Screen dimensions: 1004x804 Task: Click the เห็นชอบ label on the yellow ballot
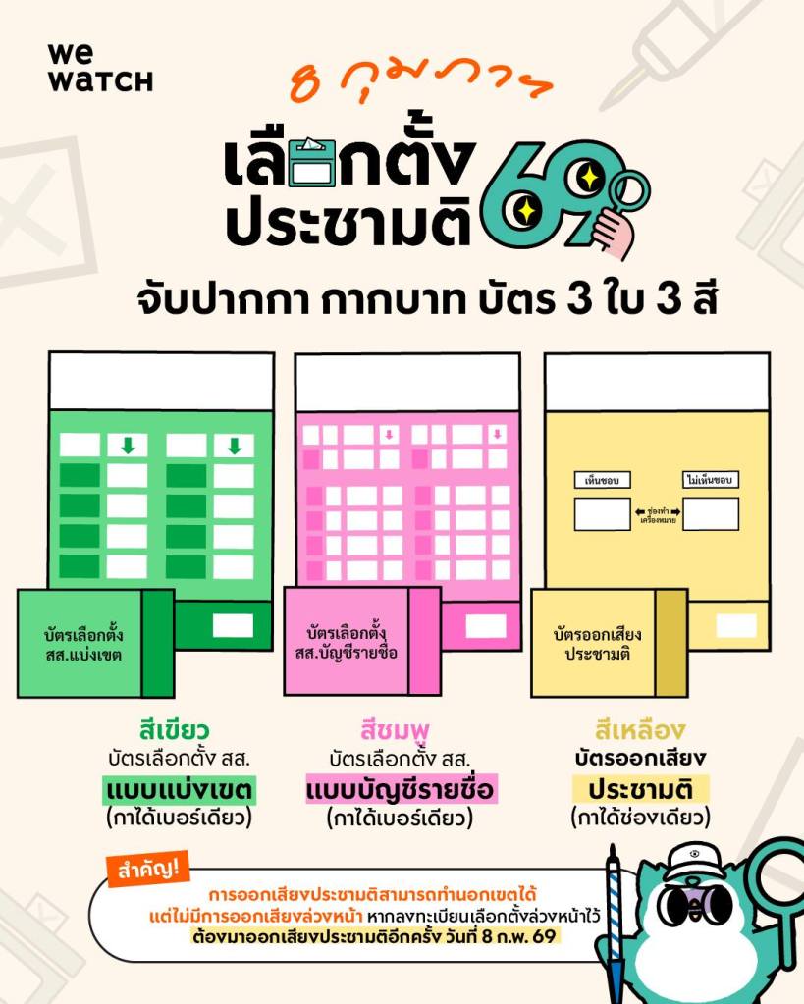click(602, 481)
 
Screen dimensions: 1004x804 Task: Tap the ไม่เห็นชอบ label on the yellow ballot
click(711, 481)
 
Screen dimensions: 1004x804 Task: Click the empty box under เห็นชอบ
click(602, 513)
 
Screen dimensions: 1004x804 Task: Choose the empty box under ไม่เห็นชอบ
click(711, 513)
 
